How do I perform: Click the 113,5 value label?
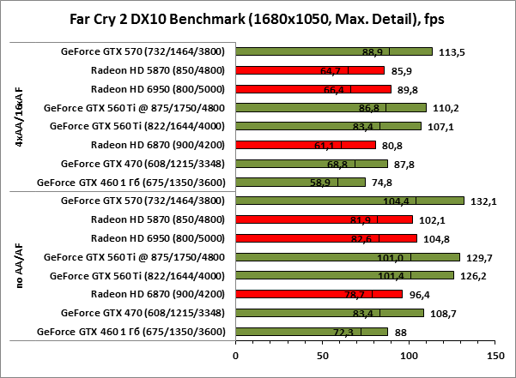pos(452,51)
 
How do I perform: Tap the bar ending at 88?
pos(312,331)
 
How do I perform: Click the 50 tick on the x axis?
pos(323,352)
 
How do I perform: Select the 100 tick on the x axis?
pos(409,352)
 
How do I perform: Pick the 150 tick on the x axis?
pos(495,352)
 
